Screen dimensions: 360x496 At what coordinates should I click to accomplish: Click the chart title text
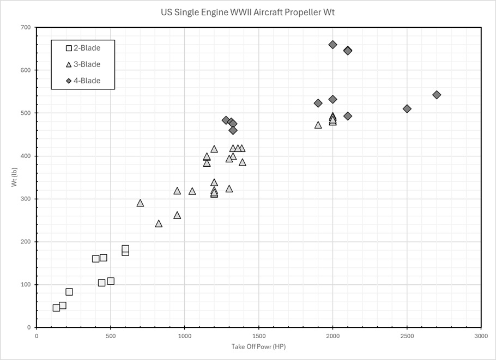[248, 12]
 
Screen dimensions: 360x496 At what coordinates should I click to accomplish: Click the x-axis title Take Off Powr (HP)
[258, 346]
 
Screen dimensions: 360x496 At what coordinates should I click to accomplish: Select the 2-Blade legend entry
[83, 48]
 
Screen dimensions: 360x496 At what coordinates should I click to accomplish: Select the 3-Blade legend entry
[83, 64]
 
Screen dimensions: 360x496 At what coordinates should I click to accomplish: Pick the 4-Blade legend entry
[83, 81]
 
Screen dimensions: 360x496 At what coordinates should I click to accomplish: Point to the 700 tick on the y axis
[26, 27]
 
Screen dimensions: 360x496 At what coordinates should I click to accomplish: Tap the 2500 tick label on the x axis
[407, 335]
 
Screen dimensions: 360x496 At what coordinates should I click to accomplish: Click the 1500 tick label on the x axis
[258, 335]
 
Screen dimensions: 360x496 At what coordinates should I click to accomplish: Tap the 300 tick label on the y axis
[26, 199]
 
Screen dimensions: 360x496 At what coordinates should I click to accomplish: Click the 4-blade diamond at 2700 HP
[437, 95]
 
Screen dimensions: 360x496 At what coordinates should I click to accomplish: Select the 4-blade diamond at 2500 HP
[407, 109]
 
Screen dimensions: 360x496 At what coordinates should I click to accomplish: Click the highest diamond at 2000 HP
[332, 45]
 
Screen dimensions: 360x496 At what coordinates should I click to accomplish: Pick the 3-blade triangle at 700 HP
[140, 203]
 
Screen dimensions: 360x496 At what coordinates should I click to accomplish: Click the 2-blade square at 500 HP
[111, 281]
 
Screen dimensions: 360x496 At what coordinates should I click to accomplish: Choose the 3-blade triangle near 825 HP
[159, 224]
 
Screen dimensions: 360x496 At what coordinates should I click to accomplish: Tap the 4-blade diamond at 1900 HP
[318, 103]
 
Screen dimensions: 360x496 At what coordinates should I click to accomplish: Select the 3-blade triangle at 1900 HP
[318, 125]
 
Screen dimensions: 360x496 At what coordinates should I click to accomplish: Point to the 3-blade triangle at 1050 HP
[192, 191]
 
